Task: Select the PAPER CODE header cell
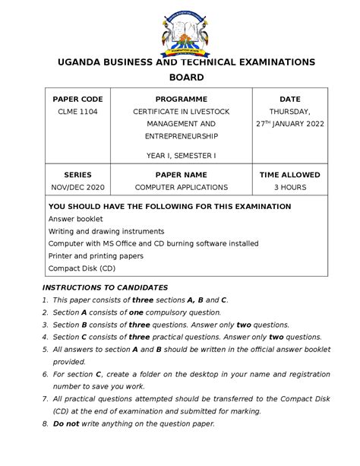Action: click(x=77, y=99)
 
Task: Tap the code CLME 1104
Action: click(x=77, y=112)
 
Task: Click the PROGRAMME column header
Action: click(x=181, y=99)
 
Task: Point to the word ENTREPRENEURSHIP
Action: click(x=181, y=136)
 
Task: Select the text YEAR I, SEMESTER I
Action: click(x=181, y=155)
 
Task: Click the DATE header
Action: click(x=289, y=99)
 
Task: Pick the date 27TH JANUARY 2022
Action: click(x=289, y=124)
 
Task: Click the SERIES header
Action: click(x=77, y=174)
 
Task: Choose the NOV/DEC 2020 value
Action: click(x=77, y=187)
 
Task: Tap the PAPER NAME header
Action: click(x=181, y=174)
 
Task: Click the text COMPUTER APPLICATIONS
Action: click(x=181, y=187)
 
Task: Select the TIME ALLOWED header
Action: click(x=289, y=174)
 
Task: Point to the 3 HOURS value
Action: click(x=289, y=187)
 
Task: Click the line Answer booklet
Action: click(x=75, y=219)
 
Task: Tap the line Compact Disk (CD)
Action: click(x=82, y=268)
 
